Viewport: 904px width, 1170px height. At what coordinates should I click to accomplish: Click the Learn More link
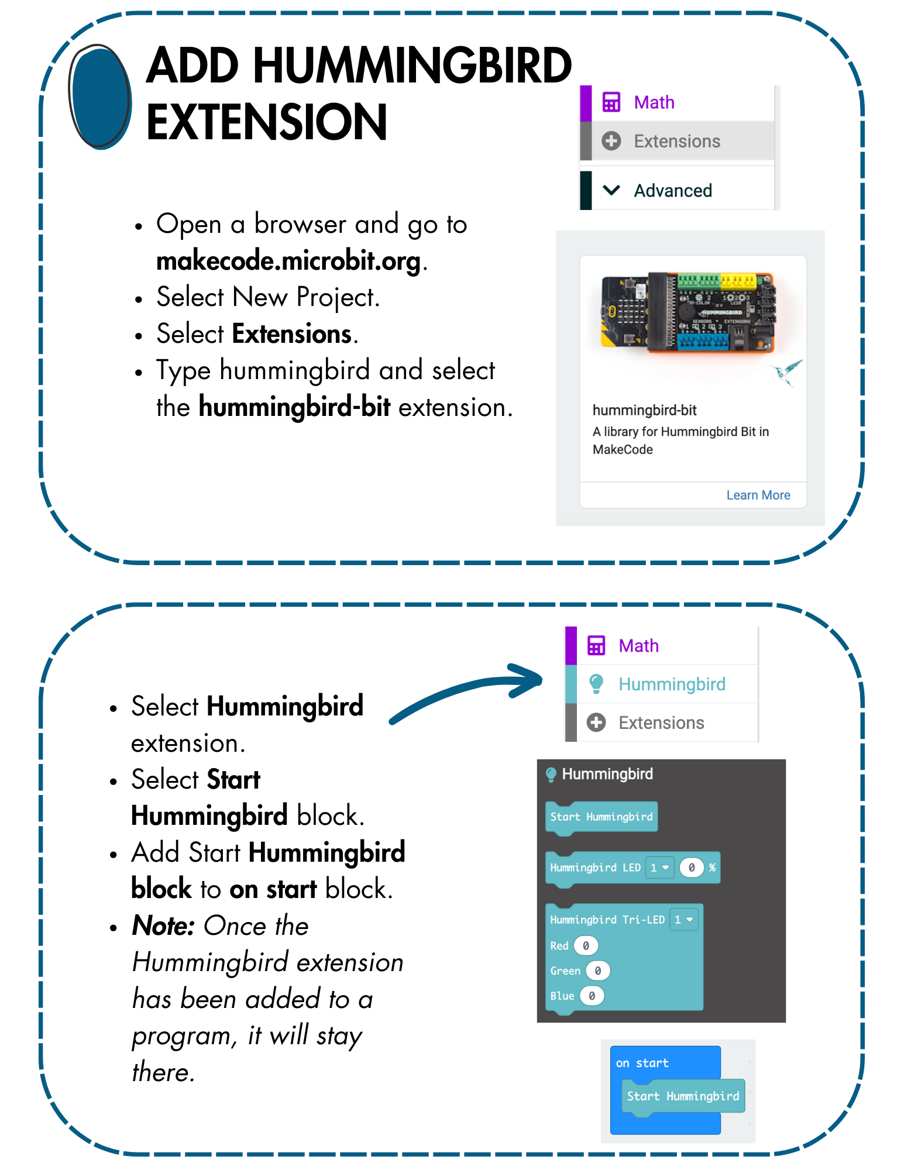[758, 495]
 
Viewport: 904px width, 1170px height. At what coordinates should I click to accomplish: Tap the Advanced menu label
[673, 191]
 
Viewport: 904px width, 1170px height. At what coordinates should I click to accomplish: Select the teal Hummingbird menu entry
[672, 684]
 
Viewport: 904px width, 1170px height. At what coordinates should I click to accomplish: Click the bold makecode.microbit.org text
[288, 261]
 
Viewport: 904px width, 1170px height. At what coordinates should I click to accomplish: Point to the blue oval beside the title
[99, 97]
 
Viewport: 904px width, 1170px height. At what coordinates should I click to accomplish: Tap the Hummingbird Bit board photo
[688, 313]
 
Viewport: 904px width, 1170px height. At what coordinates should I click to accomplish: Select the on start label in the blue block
[642, 1063]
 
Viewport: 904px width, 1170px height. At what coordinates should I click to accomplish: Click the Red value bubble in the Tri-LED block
[586, 945]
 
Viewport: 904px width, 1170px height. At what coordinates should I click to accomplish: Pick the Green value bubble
[597, 971]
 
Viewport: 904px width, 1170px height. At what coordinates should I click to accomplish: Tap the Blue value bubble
[592, 996]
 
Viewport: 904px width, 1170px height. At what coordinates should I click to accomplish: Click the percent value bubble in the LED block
[691, 868]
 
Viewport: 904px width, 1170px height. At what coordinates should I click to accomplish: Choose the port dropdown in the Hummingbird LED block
[659, 868]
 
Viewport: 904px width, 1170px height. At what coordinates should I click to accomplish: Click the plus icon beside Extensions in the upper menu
[611, 141]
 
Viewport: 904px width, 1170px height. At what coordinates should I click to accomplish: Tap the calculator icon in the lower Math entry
[596, 646]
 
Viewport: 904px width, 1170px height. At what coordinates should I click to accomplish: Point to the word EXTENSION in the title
[267, 122]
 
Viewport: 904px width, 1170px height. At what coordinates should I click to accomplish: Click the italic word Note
[163, 925]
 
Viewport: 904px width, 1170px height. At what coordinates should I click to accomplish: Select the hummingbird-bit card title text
[644, 410]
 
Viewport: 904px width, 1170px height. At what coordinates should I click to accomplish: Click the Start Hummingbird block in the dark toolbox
[601, 817]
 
